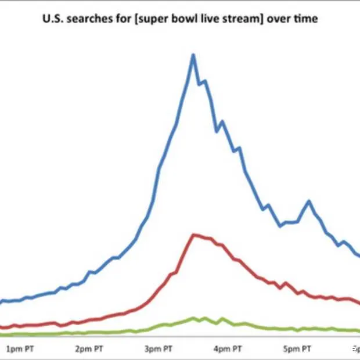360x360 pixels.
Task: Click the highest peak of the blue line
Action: pyautogui.click(x=193, y=55)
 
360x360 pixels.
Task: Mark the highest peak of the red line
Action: pyautogui.click(x=194, y=235)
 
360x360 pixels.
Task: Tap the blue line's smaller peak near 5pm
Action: pyautogui.click(x=308, y=201)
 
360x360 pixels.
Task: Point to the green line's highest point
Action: pyautogui.click(x=195, y=318)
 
